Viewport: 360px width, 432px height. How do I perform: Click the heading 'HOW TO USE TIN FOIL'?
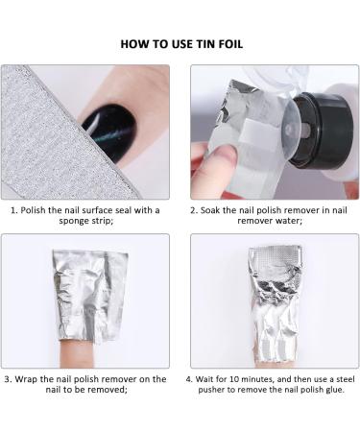click(180, 44)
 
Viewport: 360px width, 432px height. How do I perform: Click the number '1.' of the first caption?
click(13, 210)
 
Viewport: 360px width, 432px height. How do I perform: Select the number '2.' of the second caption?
click(193, 210)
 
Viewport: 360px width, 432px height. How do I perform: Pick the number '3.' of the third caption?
click(13, 378)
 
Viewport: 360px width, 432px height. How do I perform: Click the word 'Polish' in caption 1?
click(35, 210)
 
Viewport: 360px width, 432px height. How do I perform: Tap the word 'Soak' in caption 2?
click(213, 210)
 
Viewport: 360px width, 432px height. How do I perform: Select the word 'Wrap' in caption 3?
click(35, 378)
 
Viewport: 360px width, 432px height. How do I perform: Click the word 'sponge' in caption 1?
click(39, 223)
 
